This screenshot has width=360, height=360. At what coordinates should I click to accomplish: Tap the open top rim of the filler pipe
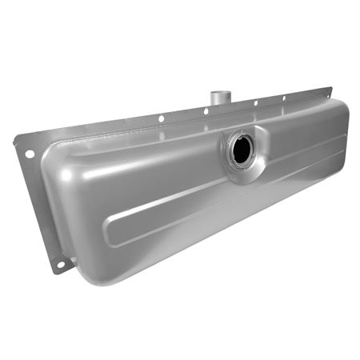217,94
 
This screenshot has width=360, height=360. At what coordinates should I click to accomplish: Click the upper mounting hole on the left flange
30,153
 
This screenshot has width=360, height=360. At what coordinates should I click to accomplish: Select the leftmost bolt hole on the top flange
161,119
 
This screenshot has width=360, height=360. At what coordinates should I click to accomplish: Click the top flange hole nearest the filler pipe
206,111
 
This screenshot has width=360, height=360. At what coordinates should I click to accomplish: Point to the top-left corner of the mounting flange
17,141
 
